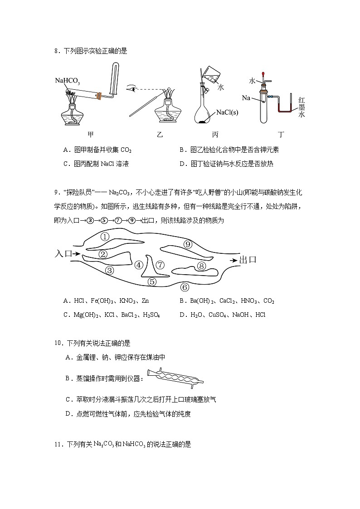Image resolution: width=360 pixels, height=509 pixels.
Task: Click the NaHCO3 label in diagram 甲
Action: (x=68, y=81)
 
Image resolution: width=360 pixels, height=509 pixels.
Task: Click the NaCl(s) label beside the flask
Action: (x=227, y=112)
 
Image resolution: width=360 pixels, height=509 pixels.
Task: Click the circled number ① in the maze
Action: (x=105, y=237)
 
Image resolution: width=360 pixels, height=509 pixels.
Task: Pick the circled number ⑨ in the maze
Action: (x=188, y=244)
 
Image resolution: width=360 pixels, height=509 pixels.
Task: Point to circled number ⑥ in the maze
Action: (x=184, y=287)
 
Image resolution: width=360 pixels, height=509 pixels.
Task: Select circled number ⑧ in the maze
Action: (x=202, y=266)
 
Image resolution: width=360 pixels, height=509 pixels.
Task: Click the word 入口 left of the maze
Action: (x=63, y=254)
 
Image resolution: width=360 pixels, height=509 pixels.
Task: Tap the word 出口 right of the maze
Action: (x=248, y=260)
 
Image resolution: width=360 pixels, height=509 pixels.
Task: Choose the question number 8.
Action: (x=56, y=51)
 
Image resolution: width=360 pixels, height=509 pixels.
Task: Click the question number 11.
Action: (x=58, y=445)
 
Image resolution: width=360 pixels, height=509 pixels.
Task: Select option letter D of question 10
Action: (x=68, y=413)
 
